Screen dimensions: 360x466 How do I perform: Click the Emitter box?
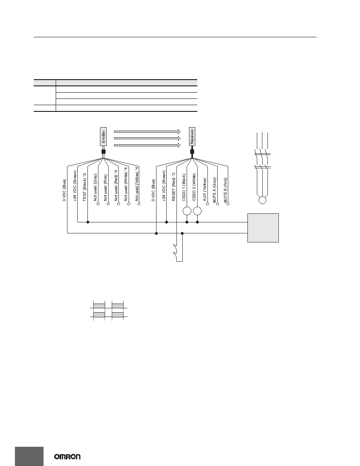[103, 137]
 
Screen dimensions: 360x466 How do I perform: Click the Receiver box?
[192, 137]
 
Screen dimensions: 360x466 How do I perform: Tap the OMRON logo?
[67, 457]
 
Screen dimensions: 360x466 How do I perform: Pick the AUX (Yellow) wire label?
[205, 189]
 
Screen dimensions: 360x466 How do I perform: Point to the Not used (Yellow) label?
[137, 184]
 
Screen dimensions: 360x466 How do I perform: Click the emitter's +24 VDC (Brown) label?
[75, 186]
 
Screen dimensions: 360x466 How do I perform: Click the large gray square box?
[263, 228]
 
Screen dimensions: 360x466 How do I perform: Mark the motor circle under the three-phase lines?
[262, 200]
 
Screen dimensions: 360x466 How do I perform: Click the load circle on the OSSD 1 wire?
[187, 211]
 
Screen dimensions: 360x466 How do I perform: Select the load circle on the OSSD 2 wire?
[198, 211]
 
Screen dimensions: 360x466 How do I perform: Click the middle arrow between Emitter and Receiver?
[147, 138]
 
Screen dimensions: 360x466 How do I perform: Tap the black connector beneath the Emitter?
[104, 151]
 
